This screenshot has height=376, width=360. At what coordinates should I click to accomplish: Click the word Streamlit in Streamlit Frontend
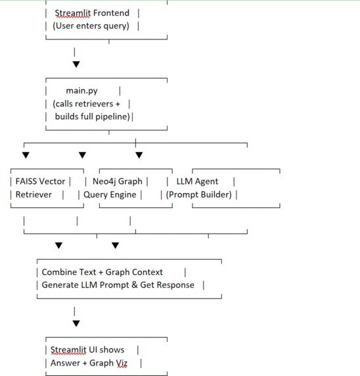coord(74,12)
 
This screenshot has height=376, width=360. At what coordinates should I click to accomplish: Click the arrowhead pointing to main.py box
coord(76,64)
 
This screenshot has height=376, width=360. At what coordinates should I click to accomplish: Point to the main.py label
coord(81,91)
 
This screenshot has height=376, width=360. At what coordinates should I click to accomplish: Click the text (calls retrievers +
coord(87,104)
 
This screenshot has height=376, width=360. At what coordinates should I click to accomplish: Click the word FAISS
coord(27,181)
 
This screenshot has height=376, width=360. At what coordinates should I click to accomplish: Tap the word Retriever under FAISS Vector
coord(34,194)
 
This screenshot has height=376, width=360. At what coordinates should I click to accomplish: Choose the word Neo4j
coord(105,181)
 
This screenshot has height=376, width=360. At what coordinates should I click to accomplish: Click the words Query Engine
coord(110,194)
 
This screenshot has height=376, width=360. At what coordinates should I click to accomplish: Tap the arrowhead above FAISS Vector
coord(26,156)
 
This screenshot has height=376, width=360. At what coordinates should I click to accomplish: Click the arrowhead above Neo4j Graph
coord(139,156)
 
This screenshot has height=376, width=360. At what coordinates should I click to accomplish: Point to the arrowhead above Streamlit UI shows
coord(76,324)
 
